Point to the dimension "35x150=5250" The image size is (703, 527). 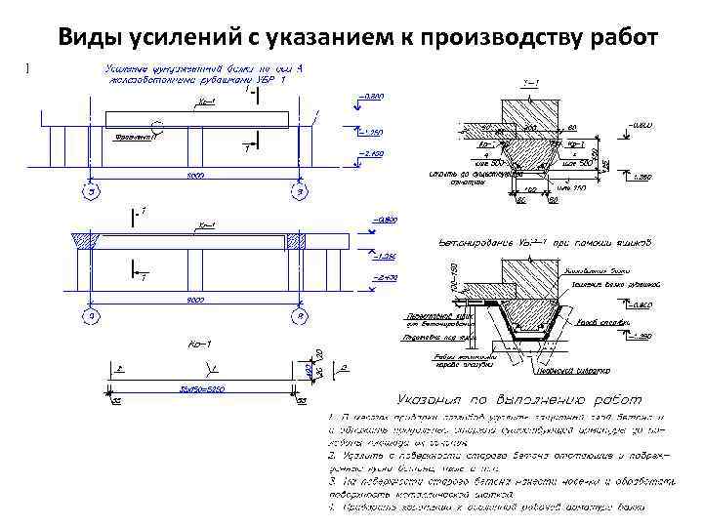199,387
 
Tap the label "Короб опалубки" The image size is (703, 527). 596,321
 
